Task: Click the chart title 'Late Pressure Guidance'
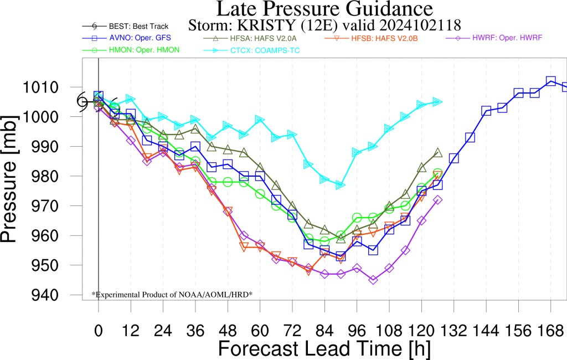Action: coord(324,9)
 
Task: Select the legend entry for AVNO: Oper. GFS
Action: coord(127,38)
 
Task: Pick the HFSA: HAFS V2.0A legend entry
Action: coord(251,38)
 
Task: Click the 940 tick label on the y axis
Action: coord(45,295)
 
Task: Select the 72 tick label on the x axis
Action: coord(292,331)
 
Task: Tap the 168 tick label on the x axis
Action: coord(551,331)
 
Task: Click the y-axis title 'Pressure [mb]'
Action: coord(9,179)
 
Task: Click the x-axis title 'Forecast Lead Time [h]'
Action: coord(324,349)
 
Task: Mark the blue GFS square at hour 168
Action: coord(551,81)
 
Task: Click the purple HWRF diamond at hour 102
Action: coord(373,280)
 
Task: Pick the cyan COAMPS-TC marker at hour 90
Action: coord(341,185)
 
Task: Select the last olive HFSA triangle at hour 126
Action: coord(438,152)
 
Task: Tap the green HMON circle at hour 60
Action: coord(260,194)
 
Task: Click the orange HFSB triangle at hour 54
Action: coord(244,247)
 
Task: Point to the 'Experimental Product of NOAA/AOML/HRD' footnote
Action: coord(172,295)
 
